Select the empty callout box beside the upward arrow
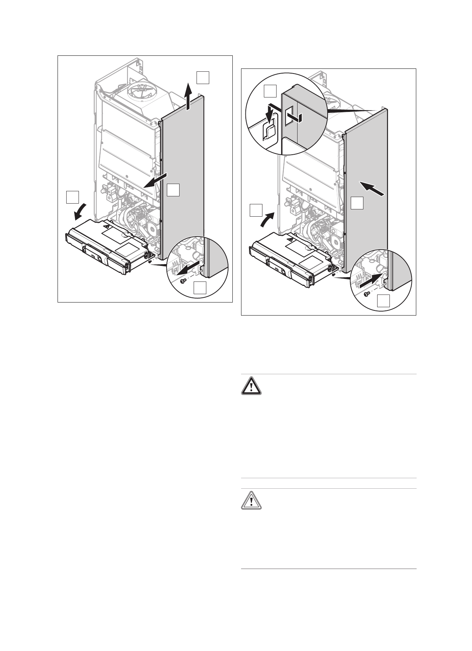tap(203, 78)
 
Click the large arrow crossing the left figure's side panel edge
tap(155, 180)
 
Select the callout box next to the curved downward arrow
tap(73, 198)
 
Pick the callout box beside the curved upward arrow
tap(256, 210)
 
